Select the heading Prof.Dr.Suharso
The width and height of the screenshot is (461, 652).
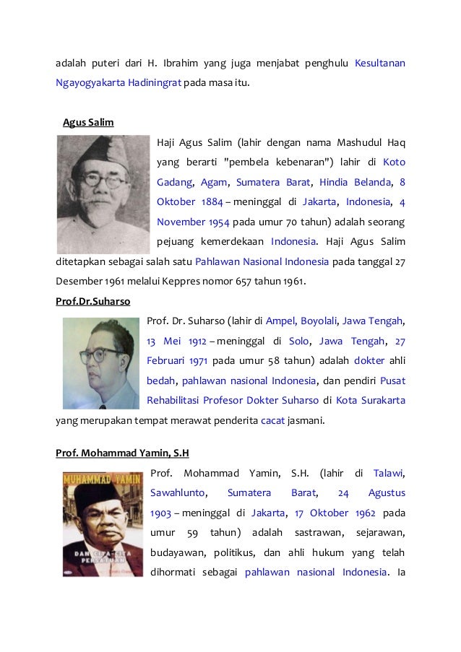tap(92, 301)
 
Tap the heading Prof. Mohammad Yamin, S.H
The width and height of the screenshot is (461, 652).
tap(122, 453)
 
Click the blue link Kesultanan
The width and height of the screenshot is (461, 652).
tap(379, 64)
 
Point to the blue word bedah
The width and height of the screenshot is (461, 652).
tap(160, 380)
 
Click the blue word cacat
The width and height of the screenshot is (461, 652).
tap(271, 420)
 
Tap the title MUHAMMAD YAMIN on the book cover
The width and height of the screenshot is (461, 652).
tap(103, 479)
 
